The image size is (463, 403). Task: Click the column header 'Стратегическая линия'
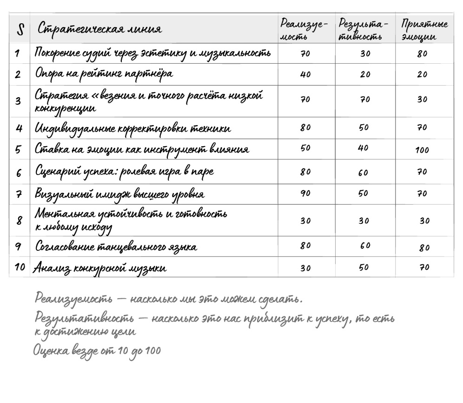pyautogui.click(x=99, y=29)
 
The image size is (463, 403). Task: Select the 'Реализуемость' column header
pyautogui.click(x=304, y=29)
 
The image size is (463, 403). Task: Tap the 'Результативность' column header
pyautogui.click(x=361, y=29)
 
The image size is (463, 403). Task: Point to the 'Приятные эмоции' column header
pyautogui.click(x=424, y=29)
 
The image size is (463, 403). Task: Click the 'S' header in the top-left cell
pyautogui.click(x=20, y=29)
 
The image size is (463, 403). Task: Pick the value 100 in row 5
pyautogui.click(x=422, y=150)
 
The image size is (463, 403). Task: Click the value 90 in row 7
pyautogui.click(x=305, y=194)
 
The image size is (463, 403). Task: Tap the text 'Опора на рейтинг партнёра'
pyautogui.click(x=104, y=74)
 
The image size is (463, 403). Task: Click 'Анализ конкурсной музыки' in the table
pyautogui.click(x=99, y=268)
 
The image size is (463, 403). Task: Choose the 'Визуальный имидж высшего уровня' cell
pyautogui.click(x=120, y=194)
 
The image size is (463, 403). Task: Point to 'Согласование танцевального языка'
pyautogui.click(x=116, y=247)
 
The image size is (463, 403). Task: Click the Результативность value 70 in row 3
pyautogui.click(x=365, y=99)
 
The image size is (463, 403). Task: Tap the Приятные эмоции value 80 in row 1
pyautogui.click(x=422, y=54)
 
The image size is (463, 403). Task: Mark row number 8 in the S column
pyautogui.click(x=19, y=220)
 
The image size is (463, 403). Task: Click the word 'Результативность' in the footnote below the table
pyautogui.click(x=85, y=319)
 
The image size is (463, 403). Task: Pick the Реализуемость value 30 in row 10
pyautogui.click(x=305, y=268)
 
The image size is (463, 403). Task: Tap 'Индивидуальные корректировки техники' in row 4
pyautogui.click(x=132, y=128)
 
